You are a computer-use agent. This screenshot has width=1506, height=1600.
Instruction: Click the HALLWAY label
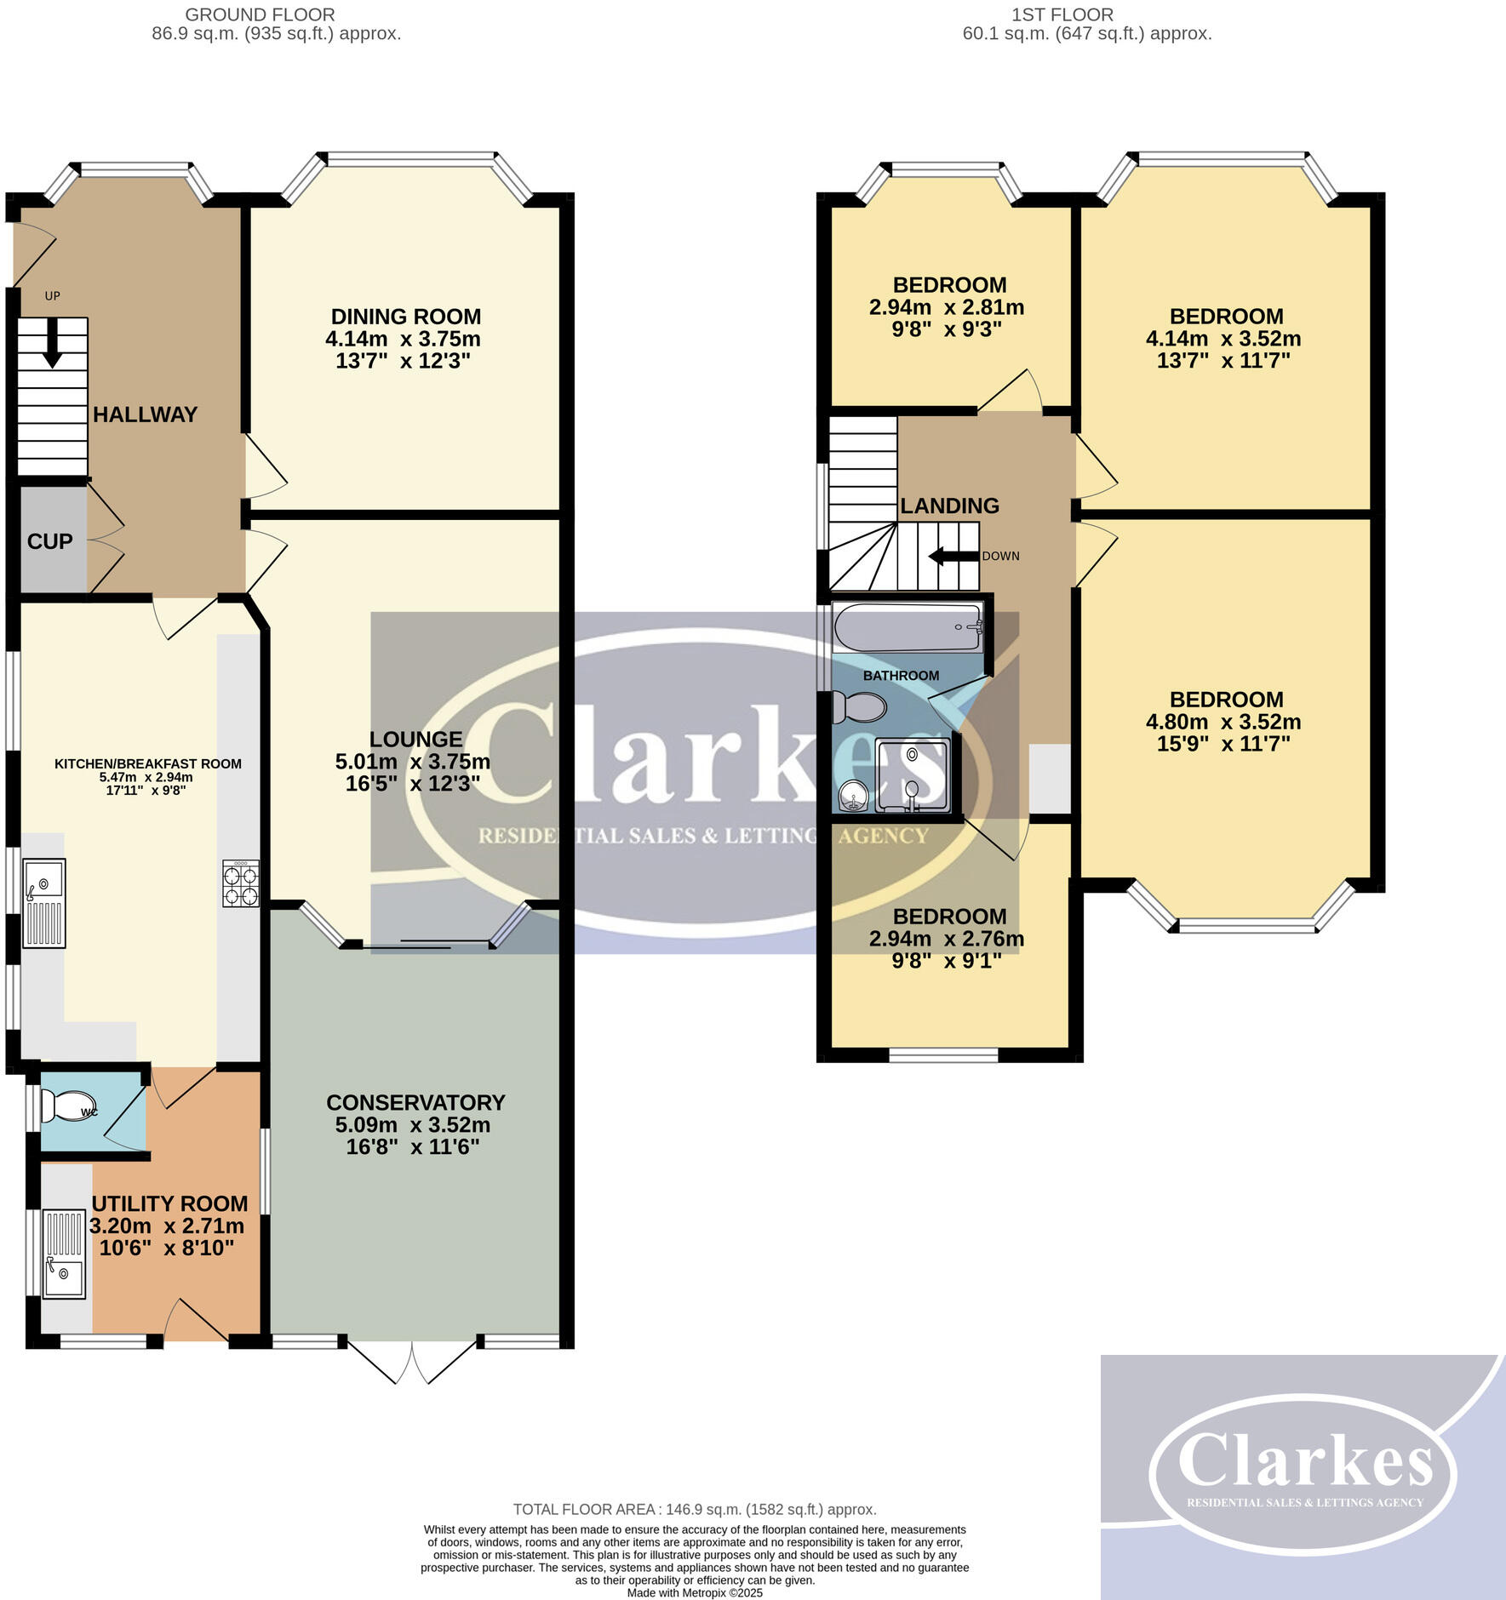click(x=145, y=414)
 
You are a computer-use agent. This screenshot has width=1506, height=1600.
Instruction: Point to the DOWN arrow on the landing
click(x=952, y=557)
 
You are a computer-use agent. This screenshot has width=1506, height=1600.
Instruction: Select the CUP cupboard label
click(x=49, y=541)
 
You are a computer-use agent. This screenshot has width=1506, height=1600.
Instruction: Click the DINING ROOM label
click(x=405, y=317)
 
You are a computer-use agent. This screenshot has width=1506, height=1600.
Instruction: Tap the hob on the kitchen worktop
click(x=241, y=884)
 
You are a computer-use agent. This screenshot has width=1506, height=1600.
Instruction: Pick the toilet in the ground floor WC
click(x=64, y=1106)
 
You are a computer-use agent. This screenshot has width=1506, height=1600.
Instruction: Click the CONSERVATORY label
click(x=415, y=1102)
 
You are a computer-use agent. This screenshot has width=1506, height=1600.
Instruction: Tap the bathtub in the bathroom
click(x=908, y=627)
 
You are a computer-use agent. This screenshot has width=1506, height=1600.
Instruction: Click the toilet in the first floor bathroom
click(x=860, y=706)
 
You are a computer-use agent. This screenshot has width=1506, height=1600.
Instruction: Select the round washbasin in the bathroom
click(x=852, y=797)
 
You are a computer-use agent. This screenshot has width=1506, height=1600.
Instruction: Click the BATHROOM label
click(x=901, y=676)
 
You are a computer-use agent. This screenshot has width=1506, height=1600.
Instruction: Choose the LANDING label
click(x=949, y=506)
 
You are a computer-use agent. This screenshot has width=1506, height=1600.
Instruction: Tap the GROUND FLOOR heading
click(x=260, y=14)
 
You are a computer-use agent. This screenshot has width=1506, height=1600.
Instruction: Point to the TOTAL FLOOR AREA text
click(x=694, y=1509)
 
